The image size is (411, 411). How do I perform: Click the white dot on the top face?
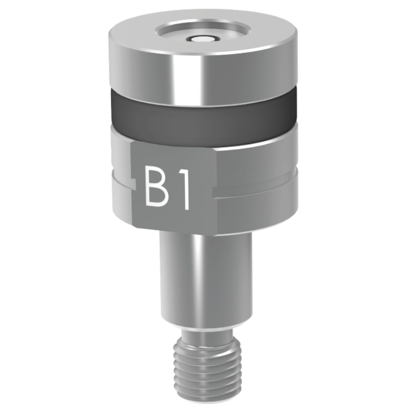pyautogui.click(x=201, y=40)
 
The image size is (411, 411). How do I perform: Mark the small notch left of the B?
pyautogui.click(x=133, y=184)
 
